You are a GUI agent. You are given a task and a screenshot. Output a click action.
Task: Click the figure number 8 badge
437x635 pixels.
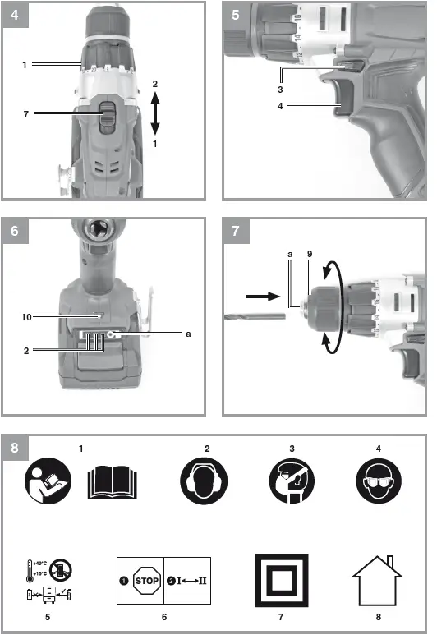[15, 449]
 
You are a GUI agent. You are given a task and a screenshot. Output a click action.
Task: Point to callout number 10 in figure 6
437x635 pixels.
[27, 315]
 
